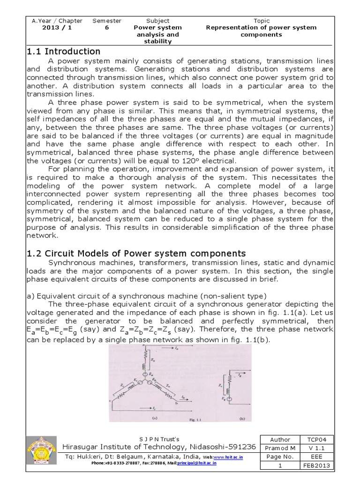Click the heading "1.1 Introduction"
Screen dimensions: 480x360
[63, 52]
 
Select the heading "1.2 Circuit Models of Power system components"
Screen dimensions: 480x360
[136, 254]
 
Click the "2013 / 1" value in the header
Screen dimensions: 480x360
[57, 28]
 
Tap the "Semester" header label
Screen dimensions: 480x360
[107, 21]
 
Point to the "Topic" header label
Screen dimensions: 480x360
[262, 21]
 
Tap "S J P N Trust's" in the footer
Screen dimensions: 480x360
[159, 439]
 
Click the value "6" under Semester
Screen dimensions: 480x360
[107, 28]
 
